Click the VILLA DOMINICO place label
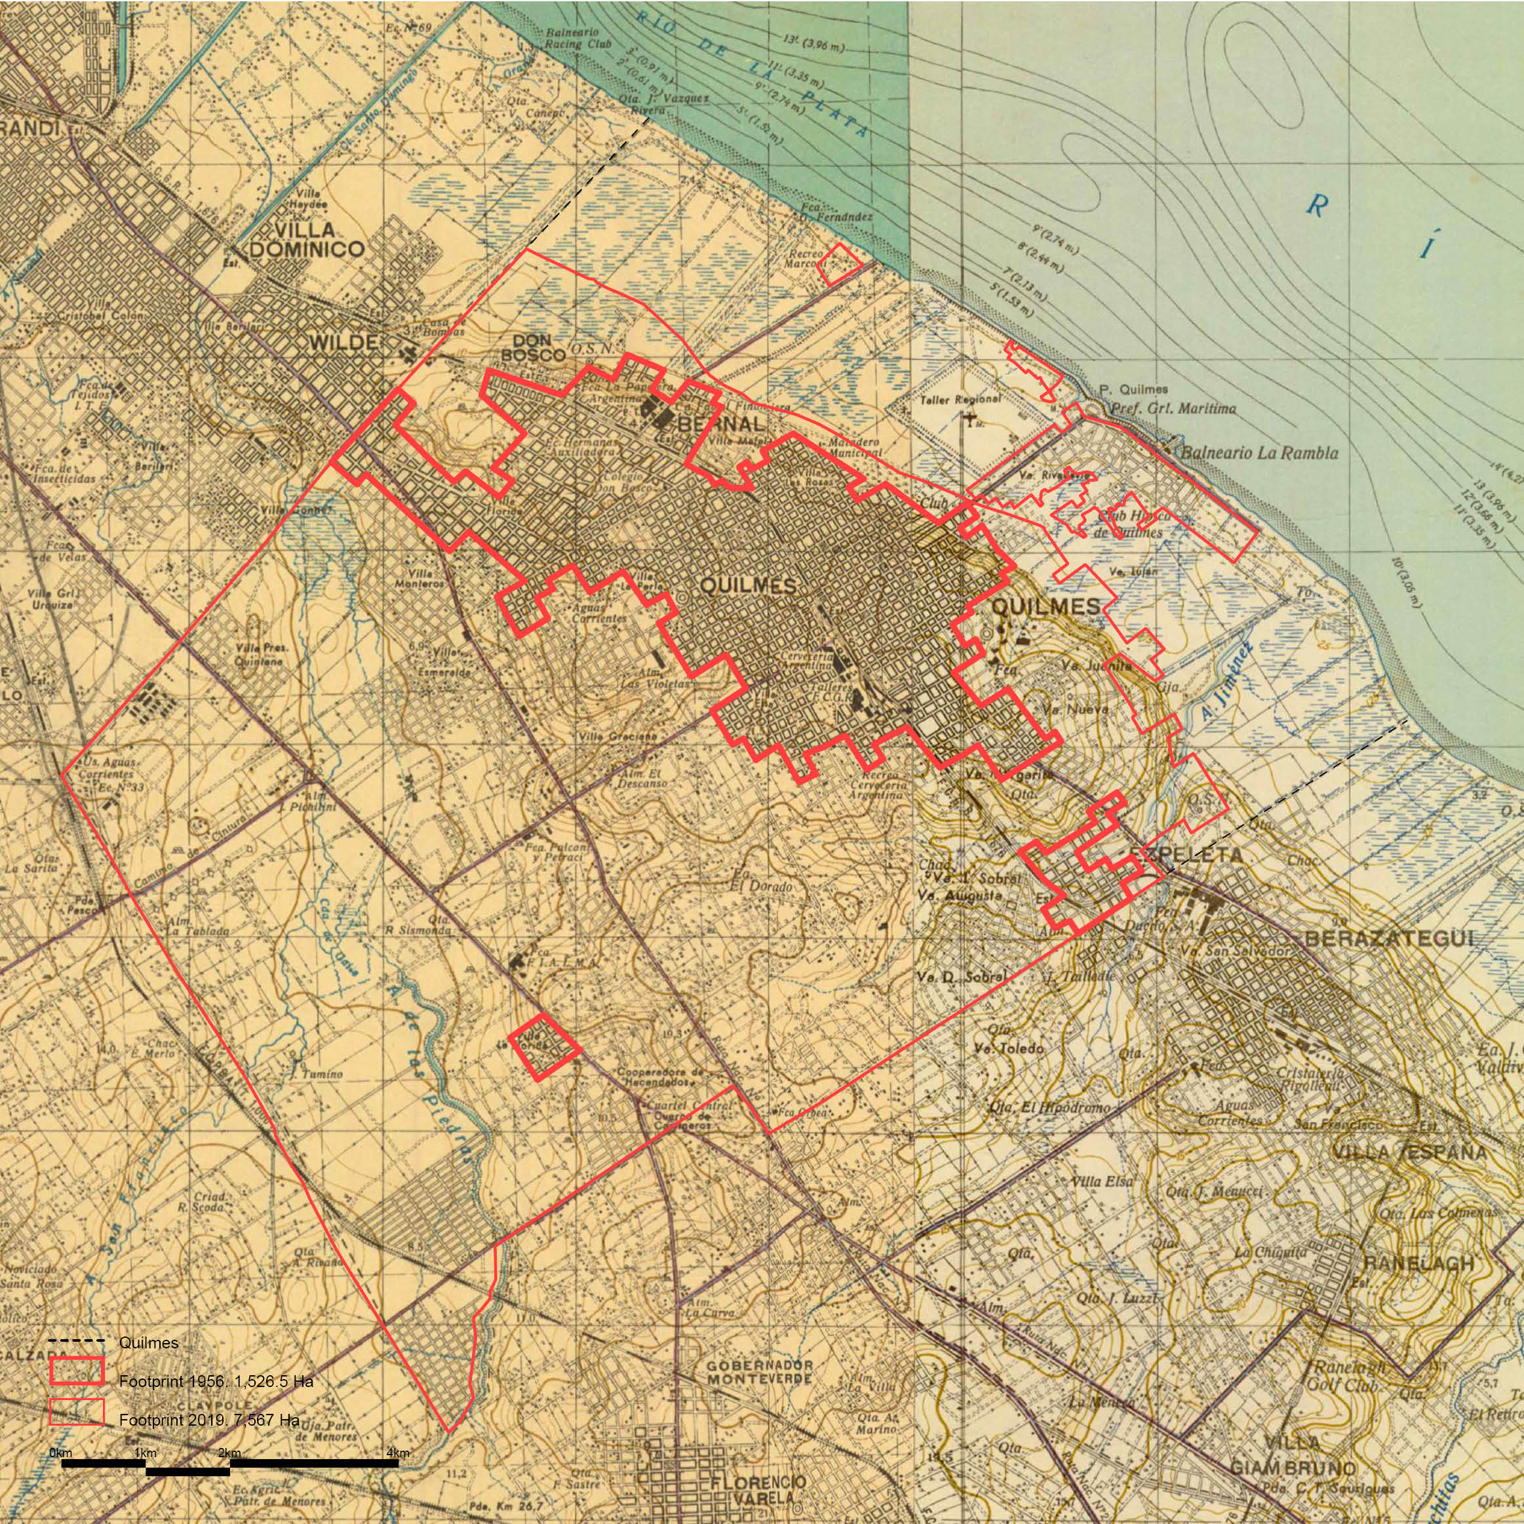coord(306,240)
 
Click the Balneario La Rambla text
coord(1259,453)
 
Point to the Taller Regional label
coord(960,400)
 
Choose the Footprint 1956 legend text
coord(216,1381)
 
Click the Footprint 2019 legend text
coord(209,1420)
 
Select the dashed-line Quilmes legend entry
coord(148,1342)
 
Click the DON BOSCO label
coord(534,348)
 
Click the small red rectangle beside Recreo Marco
coord(838,264)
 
